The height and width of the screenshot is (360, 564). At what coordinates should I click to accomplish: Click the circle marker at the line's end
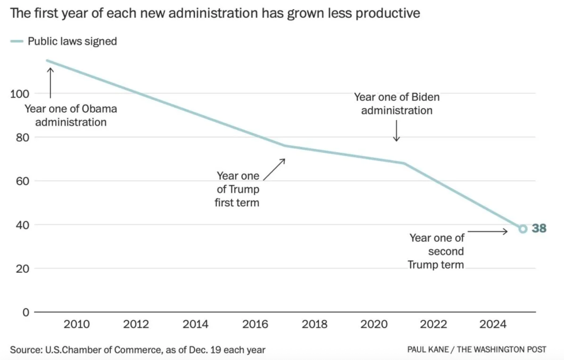tap(523, 229)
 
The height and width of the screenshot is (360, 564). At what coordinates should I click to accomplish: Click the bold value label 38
tap(539, 228)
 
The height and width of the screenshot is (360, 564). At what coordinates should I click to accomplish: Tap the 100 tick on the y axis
tap(20, 94)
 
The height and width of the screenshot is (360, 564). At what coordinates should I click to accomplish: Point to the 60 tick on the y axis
tap(23, 181)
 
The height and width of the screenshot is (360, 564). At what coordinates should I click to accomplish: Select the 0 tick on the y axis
tap(26, 312)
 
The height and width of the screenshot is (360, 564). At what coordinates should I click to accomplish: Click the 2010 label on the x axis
tap(76, 324)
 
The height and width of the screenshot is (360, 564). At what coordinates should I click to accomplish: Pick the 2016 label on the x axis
tap(255, 324)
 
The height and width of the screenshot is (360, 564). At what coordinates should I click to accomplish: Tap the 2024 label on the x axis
tap(493, 324)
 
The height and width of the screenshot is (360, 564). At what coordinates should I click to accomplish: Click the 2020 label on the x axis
tap(374, 324)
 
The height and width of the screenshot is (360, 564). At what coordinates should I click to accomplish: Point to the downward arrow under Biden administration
tap(396, 131)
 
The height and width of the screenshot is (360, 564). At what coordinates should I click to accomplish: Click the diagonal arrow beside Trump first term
tap(274, 169)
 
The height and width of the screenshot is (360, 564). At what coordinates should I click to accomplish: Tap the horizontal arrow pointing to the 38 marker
tap(487, 232)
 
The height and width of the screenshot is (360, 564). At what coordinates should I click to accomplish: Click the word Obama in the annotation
tap(99, 109)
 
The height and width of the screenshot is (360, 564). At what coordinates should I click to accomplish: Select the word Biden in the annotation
tap(425, 97)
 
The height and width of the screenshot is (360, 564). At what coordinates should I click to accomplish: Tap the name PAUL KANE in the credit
tap(428, 349)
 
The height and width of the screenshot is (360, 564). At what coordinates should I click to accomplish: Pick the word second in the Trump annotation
tap(446, 251)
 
